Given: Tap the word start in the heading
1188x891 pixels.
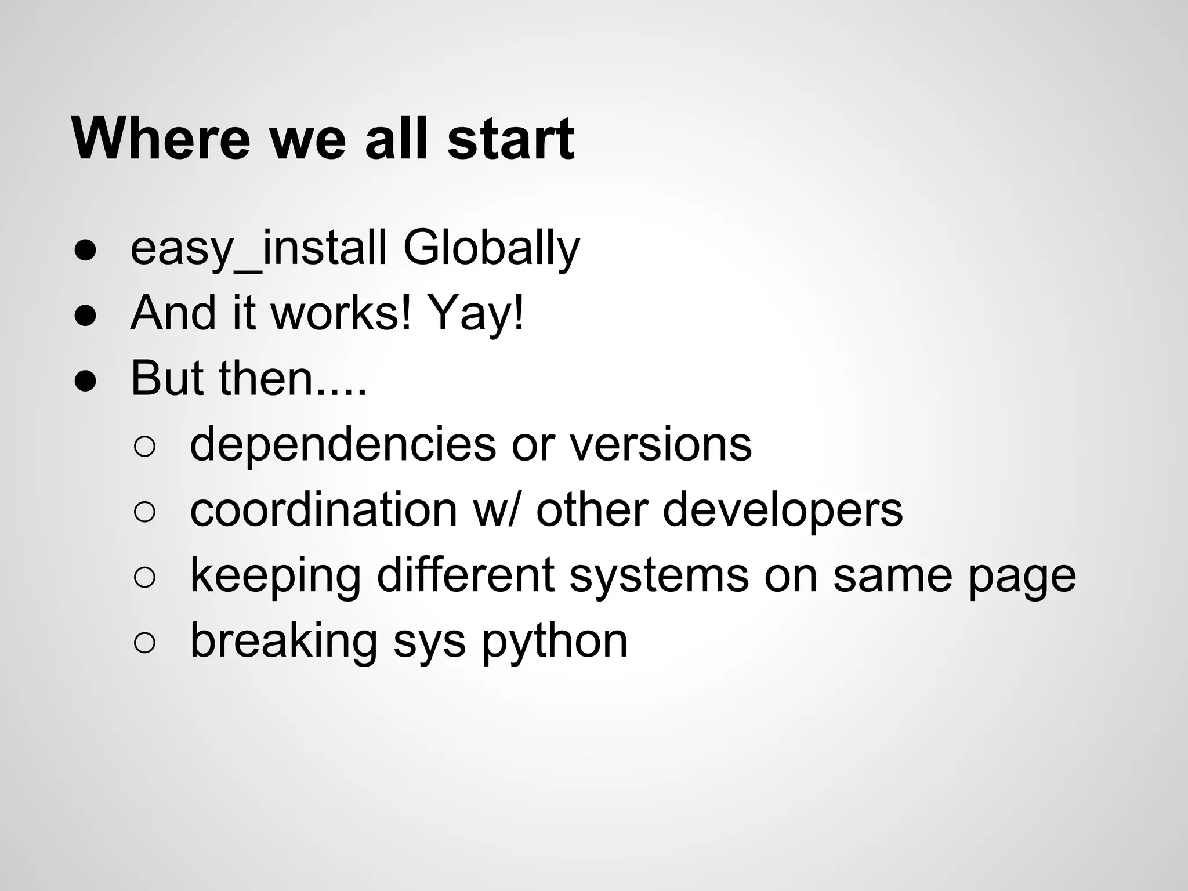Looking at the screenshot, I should point(510,139).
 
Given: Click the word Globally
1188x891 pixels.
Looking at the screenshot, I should point(491,248).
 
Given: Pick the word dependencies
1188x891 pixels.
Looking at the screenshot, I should point(343,444).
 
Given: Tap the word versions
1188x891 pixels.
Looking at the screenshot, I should point(661,444).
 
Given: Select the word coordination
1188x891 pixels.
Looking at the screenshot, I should point(324,510).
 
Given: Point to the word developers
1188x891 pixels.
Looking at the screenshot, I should point(783,510).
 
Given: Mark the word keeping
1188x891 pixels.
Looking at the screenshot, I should point(275,575).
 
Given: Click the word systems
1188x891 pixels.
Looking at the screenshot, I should point(659,575).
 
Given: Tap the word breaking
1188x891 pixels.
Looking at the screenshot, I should point(284,641).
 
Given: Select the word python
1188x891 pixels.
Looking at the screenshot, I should point(555,642).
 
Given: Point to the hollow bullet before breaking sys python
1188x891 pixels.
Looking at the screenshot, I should point(144,642).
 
